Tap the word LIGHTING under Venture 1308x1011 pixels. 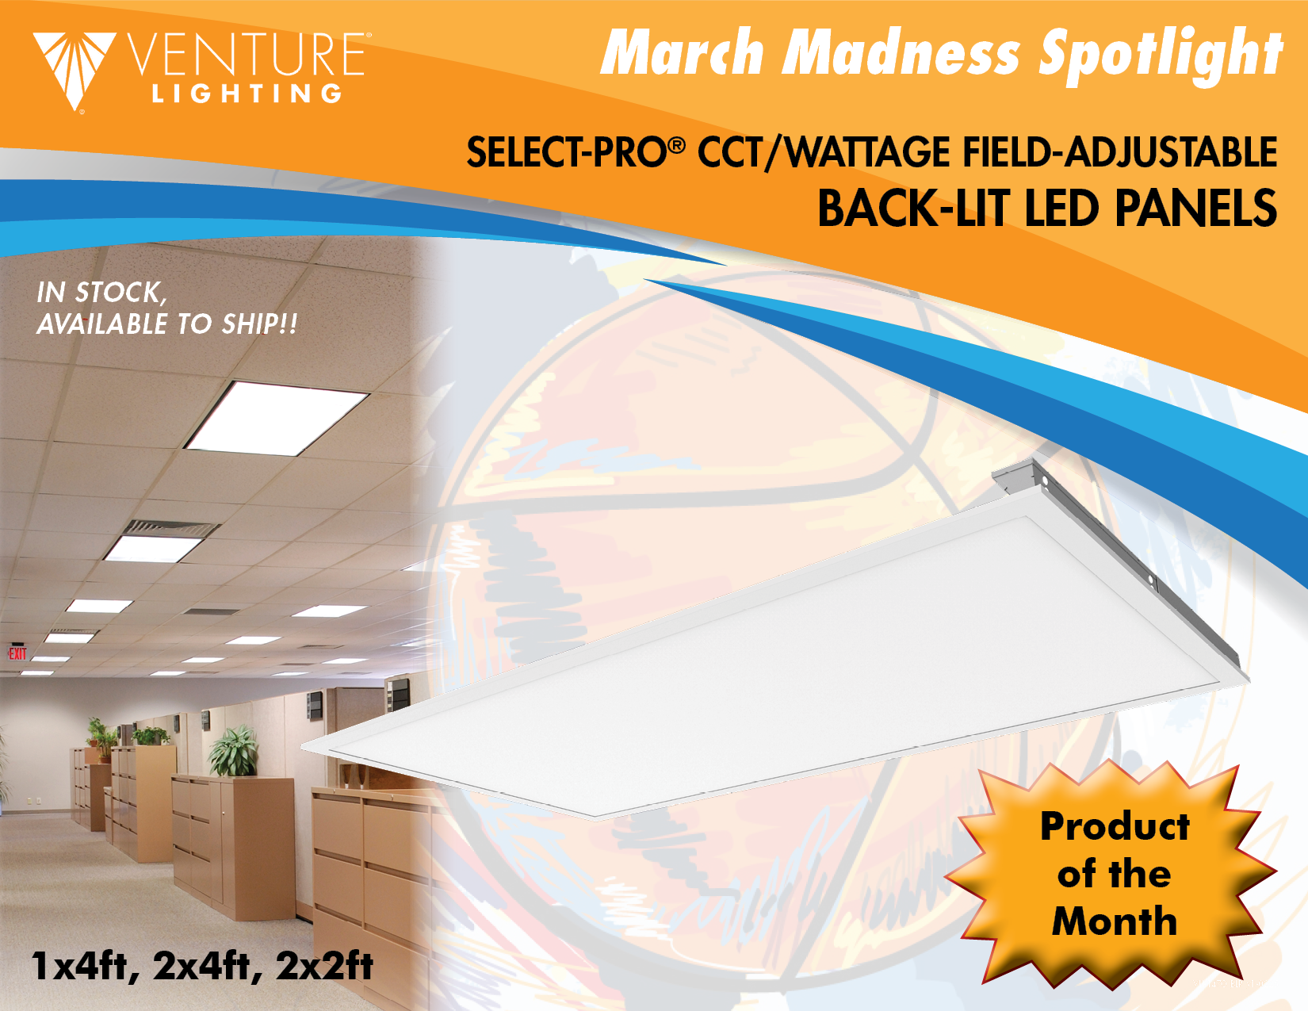[247, 94]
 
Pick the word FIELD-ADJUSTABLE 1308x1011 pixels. [1119, 152]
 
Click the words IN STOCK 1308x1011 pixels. [101, 293]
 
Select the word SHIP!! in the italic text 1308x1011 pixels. [259, 324]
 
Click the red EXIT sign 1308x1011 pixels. [17, 654]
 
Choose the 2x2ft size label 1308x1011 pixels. [325, 967]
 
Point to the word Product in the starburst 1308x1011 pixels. [1115, 826]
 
